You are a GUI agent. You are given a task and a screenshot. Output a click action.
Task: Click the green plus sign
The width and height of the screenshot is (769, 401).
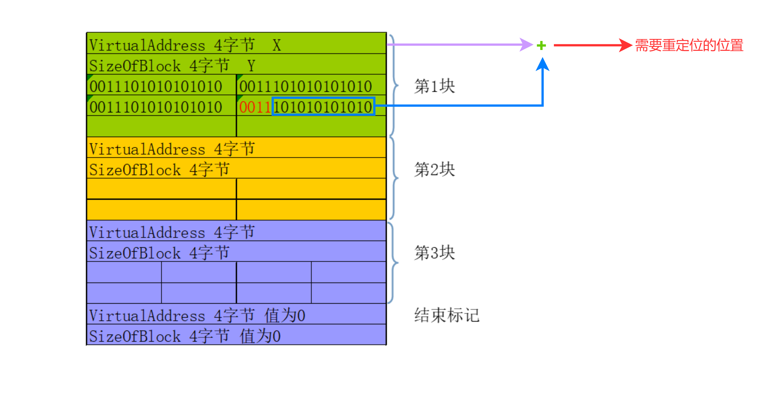[x=541, y=45]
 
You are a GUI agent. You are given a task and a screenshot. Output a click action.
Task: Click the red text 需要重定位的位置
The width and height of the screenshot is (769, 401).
[x=689, y=45]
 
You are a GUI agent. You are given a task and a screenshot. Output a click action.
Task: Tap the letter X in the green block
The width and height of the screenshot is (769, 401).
[x=277, y=45]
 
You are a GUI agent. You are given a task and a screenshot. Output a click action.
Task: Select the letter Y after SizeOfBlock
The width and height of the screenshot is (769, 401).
[x=251, y=66]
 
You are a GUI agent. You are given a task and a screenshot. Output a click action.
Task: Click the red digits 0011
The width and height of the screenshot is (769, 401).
[x=255, y=107]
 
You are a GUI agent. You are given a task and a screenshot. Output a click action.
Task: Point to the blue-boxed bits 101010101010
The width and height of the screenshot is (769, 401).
[x=323, y=106]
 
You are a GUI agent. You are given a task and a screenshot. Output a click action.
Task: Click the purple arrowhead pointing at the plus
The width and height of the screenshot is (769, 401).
[x=526, y=45]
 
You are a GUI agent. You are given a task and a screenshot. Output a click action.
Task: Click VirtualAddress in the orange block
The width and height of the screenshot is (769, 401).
[x=147, y=149]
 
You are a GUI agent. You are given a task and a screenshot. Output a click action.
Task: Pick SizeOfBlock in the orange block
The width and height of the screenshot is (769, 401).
[x=135, y=170]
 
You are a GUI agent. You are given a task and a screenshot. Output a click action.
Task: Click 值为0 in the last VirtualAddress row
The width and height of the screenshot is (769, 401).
[x=285, y=316]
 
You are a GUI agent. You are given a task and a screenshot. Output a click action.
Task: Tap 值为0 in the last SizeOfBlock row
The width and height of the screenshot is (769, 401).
[x=260, y=336]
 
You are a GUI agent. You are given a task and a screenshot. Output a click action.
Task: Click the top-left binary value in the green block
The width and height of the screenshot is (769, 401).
[x=156, y=87]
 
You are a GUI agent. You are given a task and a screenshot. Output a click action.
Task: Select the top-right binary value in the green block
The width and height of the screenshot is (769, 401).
[x=305, y=87]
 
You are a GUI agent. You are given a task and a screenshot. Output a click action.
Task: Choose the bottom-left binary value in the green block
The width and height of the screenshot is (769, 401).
[x=156, y=107]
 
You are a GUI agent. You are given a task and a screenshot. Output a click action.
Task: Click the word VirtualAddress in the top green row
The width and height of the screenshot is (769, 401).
[x=147, y=45]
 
